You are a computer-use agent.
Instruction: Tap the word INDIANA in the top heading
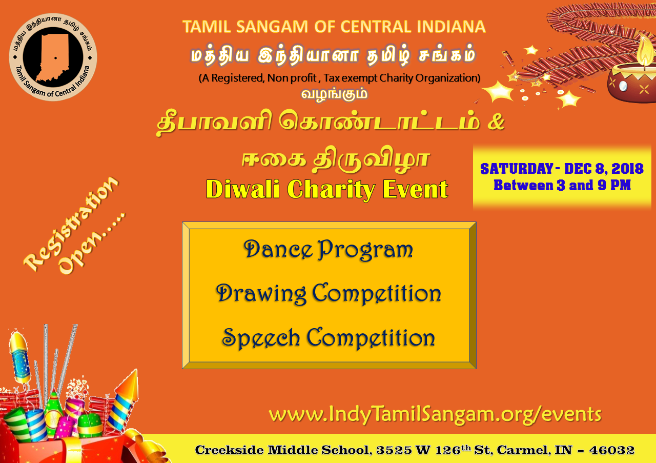tap(451, 27)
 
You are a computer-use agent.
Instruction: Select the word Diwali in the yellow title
tap(243, 189)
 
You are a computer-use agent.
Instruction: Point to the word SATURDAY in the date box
tap(517, 169)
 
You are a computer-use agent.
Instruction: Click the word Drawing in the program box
tap(261, 294)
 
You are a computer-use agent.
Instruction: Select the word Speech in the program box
tap(261, 338)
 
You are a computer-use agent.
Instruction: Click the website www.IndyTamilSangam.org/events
tap(435, 415)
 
